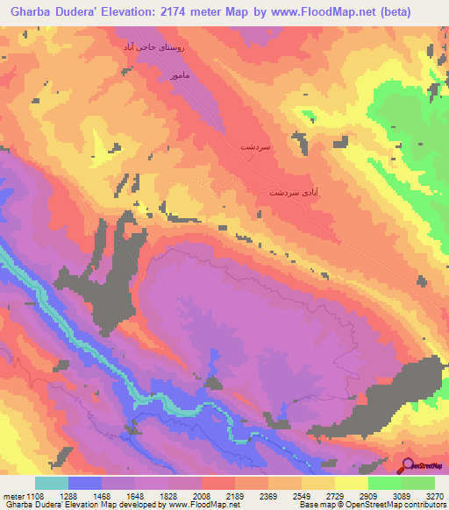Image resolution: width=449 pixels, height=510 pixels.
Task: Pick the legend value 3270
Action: [433, 495]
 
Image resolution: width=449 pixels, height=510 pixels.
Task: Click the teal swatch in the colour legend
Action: [52, 483]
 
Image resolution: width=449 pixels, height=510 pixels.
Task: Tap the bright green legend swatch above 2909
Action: [384, 483]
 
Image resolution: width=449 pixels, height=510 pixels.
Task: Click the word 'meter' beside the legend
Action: [12, 495]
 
